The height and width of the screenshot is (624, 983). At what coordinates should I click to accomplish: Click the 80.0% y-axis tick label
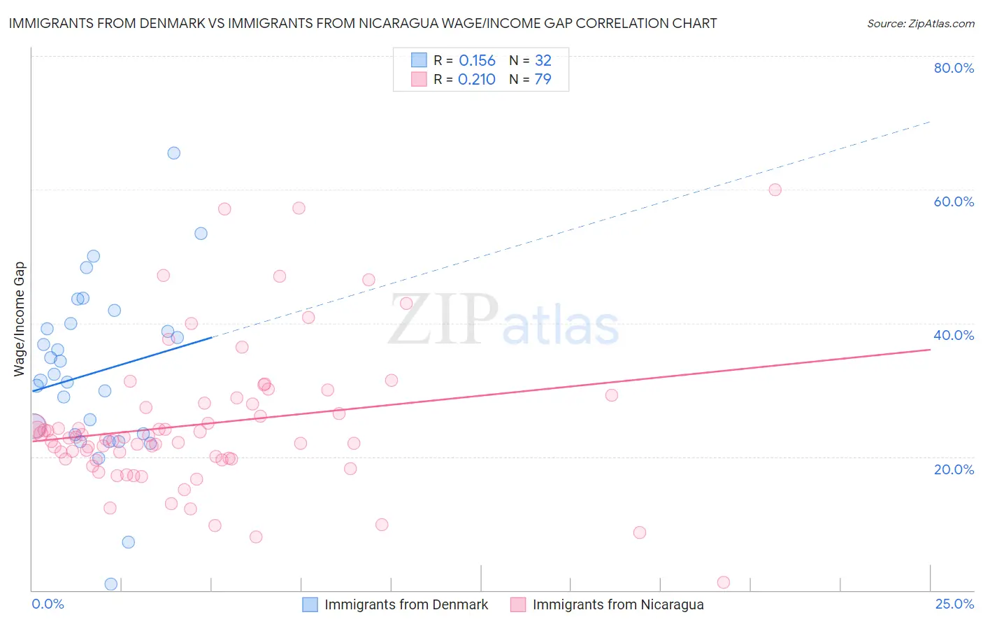point(954,68)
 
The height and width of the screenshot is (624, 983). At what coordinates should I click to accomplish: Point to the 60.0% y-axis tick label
point(954,201)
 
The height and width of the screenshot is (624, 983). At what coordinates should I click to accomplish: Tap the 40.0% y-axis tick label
point(954,335)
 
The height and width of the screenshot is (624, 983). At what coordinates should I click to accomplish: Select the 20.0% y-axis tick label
point(954,469)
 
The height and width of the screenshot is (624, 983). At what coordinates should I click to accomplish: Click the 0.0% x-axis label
point(48,604)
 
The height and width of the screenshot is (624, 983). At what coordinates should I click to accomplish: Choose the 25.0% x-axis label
point(954,604)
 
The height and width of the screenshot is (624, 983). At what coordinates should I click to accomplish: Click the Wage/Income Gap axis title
point(20,319)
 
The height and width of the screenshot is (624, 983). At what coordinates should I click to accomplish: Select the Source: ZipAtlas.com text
point(920,23)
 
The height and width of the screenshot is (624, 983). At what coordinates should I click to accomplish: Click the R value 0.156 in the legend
point(477,61)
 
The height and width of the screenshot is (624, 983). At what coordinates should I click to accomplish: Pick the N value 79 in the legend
point(543,80)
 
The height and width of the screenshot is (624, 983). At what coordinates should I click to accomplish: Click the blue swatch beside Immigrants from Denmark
point(310,604)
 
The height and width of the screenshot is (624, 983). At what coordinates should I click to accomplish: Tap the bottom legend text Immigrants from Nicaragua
point(618,604)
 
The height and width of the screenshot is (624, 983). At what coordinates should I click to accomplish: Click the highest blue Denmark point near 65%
point(174,153)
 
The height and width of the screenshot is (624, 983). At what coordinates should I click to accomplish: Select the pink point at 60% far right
point(775,190)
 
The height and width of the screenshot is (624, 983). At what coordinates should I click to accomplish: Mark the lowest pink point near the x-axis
point(724,583)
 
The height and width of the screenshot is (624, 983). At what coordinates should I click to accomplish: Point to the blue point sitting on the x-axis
point(110,584)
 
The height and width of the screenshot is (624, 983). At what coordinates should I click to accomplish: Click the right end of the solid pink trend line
point(930,348)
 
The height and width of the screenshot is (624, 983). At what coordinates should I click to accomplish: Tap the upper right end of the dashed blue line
point(930,122)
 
